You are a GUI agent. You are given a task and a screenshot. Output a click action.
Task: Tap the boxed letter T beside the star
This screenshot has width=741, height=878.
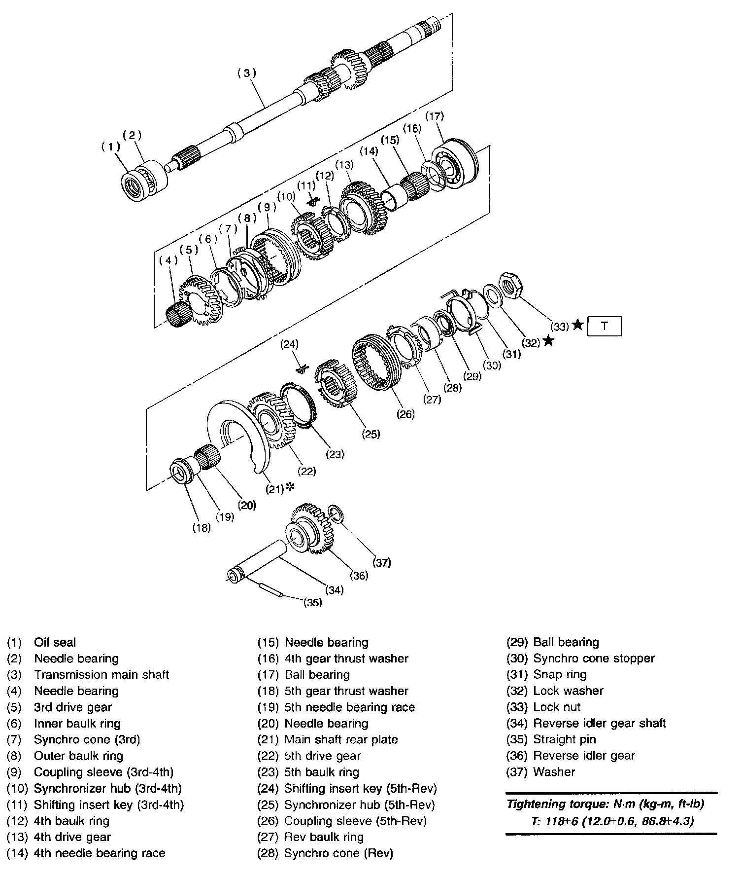pos(605,326)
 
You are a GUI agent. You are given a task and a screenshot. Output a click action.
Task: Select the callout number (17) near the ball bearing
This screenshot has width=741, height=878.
pos(435,116)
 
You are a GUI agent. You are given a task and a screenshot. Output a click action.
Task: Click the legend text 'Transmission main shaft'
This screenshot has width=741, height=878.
pos(101,674)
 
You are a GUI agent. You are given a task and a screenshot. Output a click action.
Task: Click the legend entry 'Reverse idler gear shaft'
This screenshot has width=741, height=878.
pos(599,723)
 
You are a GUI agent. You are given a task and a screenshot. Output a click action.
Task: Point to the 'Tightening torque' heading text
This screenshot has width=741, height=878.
pos(606,804)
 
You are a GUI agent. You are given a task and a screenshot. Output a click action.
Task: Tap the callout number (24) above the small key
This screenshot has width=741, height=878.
pos(289,344)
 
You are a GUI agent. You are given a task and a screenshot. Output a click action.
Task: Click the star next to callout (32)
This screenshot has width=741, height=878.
pos(548,341)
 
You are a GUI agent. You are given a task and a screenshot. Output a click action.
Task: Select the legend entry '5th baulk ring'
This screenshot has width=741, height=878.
pos(322,772)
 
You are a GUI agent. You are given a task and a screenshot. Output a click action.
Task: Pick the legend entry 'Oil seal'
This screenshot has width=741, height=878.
pos(55,642)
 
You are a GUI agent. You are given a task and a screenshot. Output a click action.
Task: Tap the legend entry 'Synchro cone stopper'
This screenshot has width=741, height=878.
pos(594,658)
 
